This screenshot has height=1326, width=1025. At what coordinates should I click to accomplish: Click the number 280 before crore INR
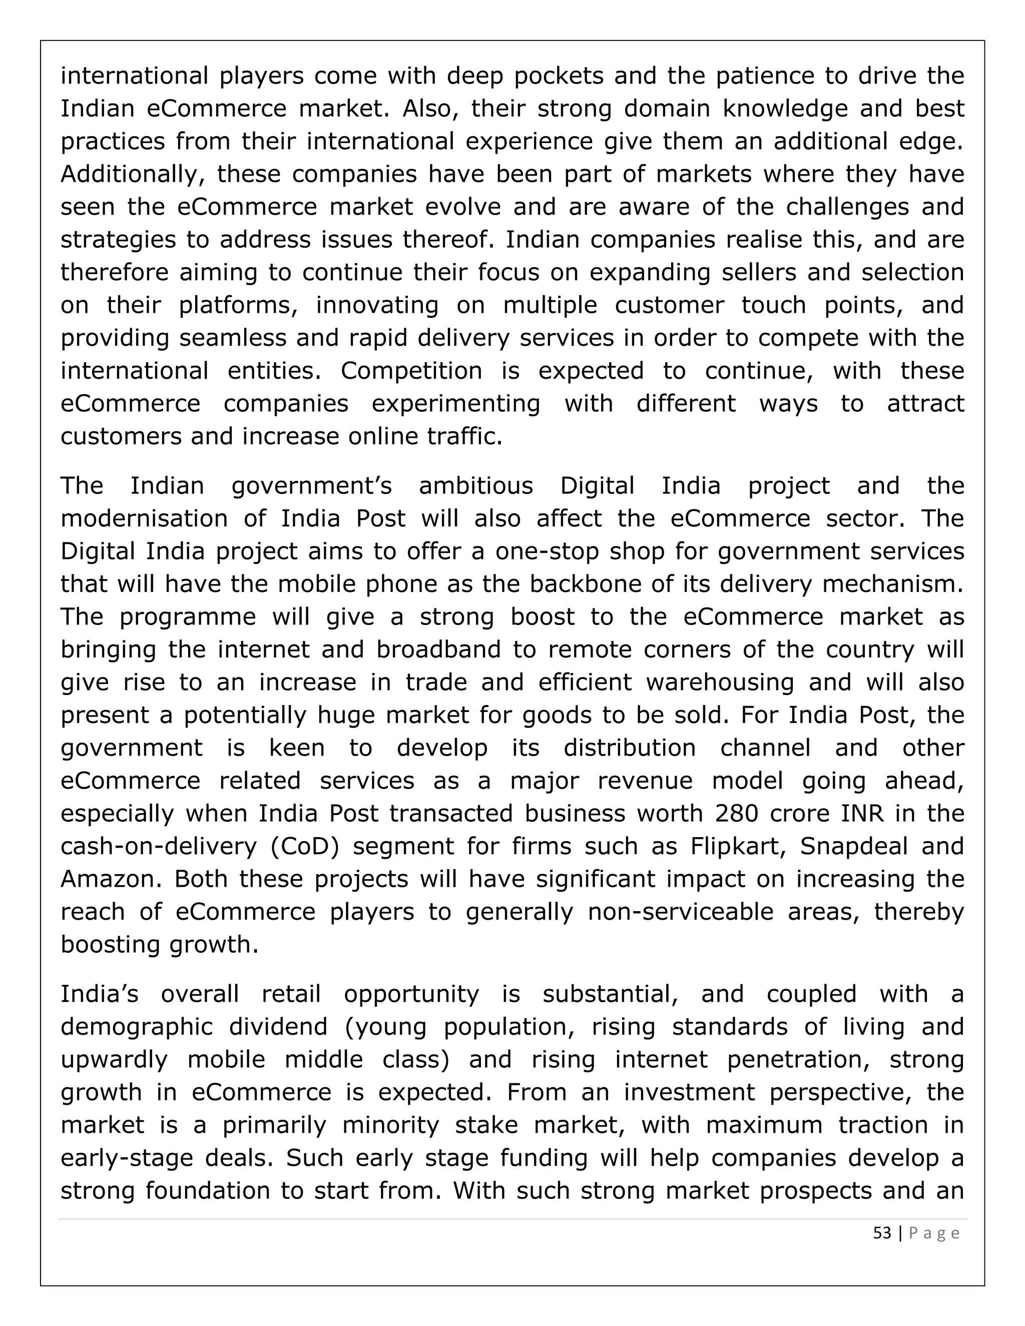[737, 813]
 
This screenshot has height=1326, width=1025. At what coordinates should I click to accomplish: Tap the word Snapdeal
[854, 846]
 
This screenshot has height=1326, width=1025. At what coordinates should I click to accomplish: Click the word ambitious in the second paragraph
[476, 486]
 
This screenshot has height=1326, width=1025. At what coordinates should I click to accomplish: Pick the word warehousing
[720, 683]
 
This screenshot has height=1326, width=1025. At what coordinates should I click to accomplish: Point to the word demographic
[137, 1027]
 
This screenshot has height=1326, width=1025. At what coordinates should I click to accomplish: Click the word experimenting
[456, 403]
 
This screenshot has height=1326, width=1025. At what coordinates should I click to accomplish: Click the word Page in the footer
[934, 1233]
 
